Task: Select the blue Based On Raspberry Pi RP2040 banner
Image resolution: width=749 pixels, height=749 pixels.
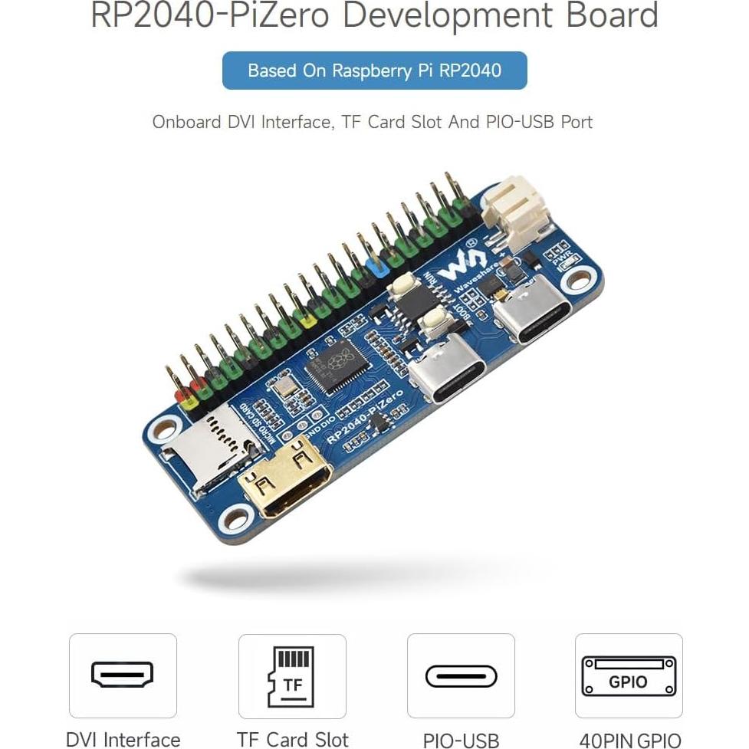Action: click(x=374, y=71)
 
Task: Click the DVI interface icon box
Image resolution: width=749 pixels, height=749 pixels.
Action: click(x=123, y=675)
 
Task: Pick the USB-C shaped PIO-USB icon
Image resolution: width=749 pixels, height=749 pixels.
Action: click(x=461, y=676)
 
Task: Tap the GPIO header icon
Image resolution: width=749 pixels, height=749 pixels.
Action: click(x=629, y=675)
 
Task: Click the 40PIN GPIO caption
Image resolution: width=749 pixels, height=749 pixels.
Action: click(x=630, y=740)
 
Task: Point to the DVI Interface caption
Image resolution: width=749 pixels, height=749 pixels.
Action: click(x=123, y=739)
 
